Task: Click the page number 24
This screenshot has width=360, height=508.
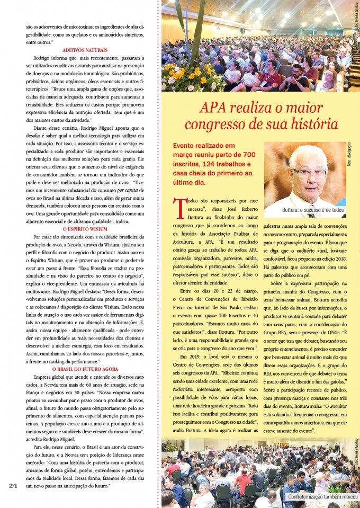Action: pyautogui.click(x=14, y=485)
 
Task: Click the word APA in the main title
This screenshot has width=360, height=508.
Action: pyautogui.click(x=214, y=109)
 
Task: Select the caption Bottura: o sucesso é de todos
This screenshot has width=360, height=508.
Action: pyautogui.click(x=309, y=210)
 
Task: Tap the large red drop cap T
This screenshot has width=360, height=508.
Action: pyautogui.click(x=180, y=206)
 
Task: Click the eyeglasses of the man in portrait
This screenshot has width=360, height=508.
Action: pyautogui.click(x=309, y=172)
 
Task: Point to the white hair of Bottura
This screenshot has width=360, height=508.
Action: pyautogui.click(x=309, y=153)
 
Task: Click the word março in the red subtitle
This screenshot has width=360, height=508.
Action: pyautogui.click(x=185, y=153)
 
